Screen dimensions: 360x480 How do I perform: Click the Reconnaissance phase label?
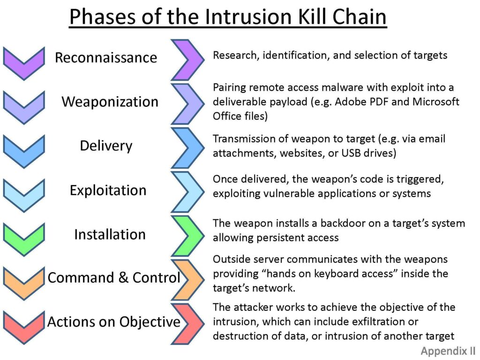click(x=106, y=58)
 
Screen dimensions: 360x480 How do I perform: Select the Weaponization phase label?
click(x=110, y=102)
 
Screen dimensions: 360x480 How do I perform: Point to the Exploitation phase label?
click(x=108, y=190)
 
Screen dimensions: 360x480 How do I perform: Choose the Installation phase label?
click(x=110, y=234)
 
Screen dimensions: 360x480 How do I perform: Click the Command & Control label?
click(x=114, y=277)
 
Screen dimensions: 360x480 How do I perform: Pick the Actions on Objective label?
click(x=114, y=322)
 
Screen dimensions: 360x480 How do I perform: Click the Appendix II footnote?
click(x=447, y=351)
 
